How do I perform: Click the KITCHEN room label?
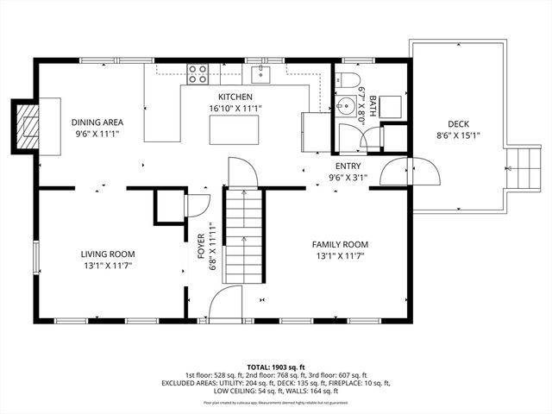pos(235,97)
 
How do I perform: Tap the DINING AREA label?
pos(96,122)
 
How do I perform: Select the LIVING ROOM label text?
pos(108,254)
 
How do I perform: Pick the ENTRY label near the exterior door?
pos(348,166)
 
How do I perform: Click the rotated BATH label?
pos(373,106)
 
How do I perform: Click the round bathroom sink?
pos(347,108)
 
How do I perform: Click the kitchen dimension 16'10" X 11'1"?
pos(235,108)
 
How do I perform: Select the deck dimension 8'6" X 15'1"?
pos(458,135)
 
